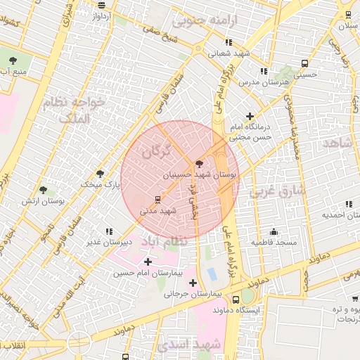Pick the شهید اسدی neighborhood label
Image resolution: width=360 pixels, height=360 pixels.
[190, 345]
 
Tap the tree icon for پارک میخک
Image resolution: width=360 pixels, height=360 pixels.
[100, 173]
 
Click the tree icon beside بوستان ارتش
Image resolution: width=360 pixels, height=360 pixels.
[44, 190]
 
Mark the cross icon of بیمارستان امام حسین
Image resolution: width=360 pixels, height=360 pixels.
[147, 261]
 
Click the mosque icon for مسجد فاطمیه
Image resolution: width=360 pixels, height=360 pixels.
[274, 231]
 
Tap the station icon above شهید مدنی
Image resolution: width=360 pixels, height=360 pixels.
[157, 199]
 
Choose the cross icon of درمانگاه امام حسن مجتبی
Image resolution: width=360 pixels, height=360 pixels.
[250, 116]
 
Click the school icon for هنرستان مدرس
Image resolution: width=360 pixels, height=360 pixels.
[264, 71]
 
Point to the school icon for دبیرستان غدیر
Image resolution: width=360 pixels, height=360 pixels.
[108, 231]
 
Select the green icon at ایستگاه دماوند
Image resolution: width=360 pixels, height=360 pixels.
[249, 297]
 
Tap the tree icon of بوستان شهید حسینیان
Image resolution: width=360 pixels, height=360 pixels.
[200, 162]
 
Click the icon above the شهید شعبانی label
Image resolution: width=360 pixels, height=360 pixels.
[228, 42]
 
